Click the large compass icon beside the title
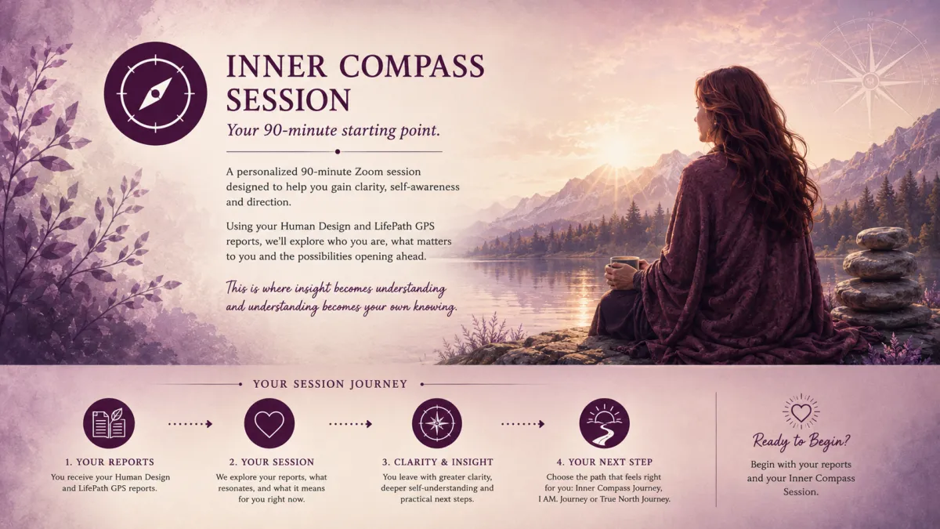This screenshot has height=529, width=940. click(155, 93)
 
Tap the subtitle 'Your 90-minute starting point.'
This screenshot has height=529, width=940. click(333, 130)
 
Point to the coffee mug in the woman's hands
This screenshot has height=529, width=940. click(624, 263)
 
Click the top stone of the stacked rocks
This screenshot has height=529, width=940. click(882, 238)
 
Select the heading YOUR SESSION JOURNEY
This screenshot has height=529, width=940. click(331, 384)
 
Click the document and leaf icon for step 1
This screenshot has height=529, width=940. click(109, 423)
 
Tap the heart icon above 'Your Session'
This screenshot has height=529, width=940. click(269, 423)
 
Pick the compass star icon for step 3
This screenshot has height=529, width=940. click(437, 423)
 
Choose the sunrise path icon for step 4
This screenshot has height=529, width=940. click(604, 423)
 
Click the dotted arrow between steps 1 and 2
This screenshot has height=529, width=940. click(190, 424)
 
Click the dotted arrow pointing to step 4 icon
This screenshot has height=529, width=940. click(523, 424)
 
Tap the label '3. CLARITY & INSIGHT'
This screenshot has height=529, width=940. click(437, 462)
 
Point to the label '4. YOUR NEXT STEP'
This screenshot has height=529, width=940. click(604, 462)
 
